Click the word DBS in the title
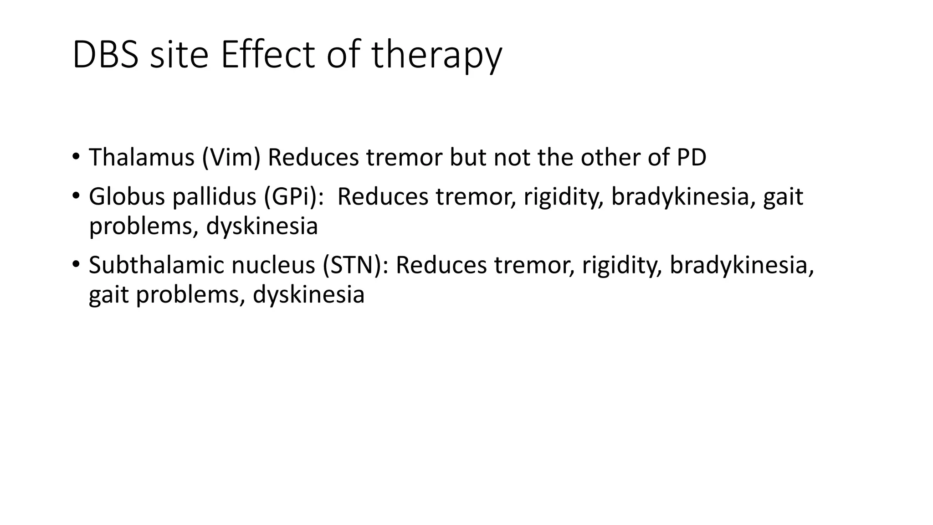pos(105,55)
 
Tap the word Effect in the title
pos(268,55)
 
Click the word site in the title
pos(179,55)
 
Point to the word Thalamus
pos(142,157)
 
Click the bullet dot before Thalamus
pos(76,156)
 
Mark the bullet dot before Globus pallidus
pos(76,196)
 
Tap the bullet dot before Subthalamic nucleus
pos(76,264)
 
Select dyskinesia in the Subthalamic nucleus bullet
pos(308,295)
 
